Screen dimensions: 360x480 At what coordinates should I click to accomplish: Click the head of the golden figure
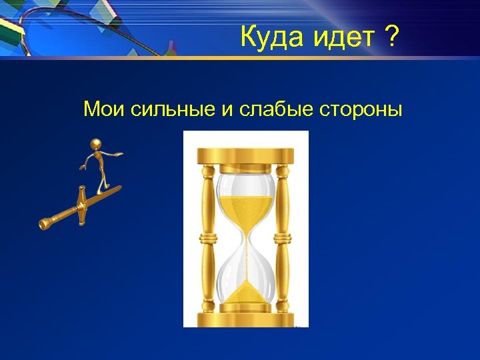click(97, 143)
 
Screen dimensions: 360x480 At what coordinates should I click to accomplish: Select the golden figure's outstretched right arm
click(115, 155)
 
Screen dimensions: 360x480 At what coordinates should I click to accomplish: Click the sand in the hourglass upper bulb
click(246, 212)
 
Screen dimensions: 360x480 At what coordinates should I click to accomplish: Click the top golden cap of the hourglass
click(246, 155)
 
